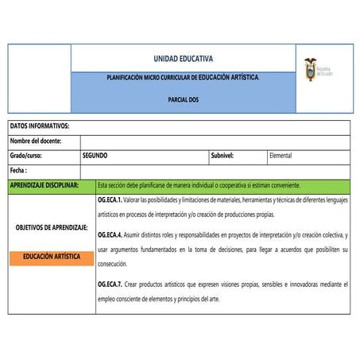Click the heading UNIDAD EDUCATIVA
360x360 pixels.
click(x=183, y=59)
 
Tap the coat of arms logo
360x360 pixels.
click(x=310, y=70)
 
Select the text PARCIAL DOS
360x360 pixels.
click(x=184, y=102)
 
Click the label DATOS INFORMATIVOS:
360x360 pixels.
click(x=40, y=126)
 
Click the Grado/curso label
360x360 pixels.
click(x=29, y=155)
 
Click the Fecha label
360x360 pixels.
click(x=19, y=170)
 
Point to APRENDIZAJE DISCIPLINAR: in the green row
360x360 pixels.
click(x=45, y=184)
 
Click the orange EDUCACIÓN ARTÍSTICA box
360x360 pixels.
click(x=51, y=257)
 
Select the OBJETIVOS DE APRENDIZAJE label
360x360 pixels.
click(x=51, y=227)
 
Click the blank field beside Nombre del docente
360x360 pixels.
click(x=215, y=141)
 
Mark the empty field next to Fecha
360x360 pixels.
click(x=215, y=170)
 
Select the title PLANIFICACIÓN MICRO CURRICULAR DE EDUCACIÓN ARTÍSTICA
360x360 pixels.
click(x=184, y=78)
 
